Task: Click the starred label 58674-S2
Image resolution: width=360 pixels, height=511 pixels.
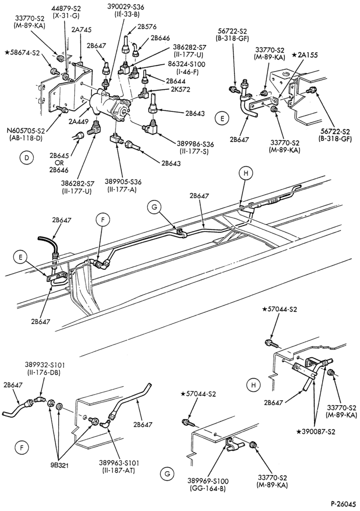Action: (x=22, y=52)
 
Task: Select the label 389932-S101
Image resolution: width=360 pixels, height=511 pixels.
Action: (x=43, y=364)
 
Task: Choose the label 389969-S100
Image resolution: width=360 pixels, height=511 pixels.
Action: (x=208, y=481)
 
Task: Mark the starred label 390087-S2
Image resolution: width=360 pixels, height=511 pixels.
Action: (x=316, y=432)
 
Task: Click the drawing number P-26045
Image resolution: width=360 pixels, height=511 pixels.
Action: (x=344, y=503)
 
